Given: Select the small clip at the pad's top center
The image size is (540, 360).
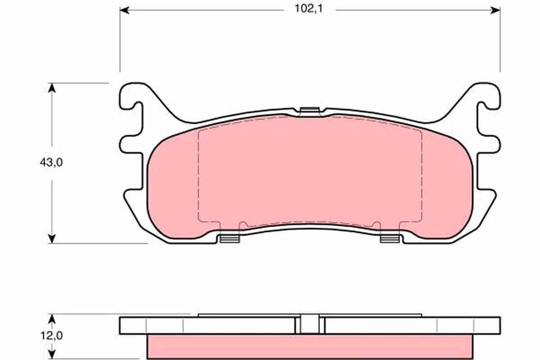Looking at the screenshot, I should coord(310,110).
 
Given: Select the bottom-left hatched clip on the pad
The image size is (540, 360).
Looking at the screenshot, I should coord(230,238).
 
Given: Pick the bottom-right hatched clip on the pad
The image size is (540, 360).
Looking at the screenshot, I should coord(390,238).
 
